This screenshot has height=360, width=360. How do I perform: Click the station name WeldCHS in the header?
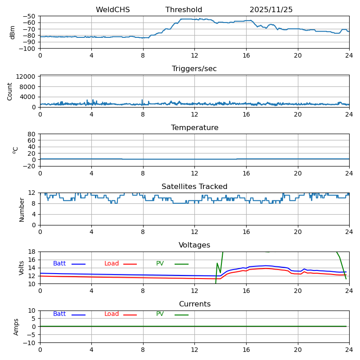pos(112,10)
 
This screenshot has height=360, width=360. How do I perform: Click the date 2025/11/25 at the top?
pos(271,10)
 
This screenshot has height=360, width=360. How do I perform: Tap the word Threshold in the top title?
pos(184,10)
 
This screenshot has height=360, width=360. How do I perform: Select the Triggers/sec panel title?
pos(194,69)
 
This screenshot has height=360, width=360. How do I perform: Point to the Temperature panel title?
pos(194,128)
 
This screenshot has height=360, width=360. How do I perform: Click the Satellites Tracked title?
pos(194,187)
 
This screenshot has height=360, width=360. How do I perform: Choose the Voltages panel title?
pos(194,245)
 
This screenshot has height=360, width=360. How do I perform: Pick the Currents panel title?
pos(194,304)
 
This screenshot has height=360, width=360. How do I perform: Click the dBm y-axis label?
pos(13,32)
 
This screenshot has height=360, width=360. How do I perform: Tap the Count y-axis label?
pos(10,91)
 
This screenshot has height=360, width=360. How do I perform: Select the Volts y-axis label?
pos(22,268)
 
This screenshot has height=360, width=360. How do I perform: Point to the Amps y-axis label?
pos(16,327)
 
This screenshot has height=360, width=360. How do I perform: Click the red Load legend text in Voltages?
pos(112,264)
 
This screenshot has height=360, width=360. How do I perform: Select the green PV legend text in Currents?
pos(160,314)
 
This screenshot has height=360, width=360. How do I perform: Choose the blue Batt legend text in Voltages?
pos(59,264)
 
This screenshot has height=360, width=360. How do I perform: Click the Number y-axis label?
pos(22,209)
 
